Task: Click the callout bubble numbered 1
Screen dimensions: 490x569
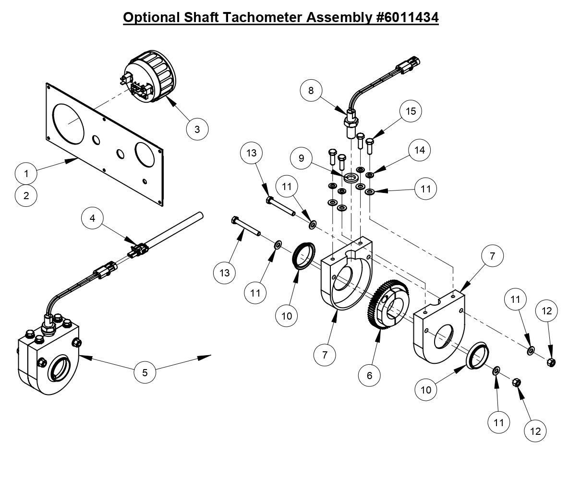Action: coord(27,173)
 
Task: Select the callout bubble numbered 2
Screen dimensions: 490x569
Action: coord(27,195)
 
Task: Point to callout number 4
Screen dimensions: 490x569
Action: coord(93,219)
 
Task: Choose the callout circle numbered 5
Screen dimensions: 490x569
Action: coord(145,371)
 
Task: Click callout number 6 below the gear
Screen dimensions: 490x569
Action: coord(370,375)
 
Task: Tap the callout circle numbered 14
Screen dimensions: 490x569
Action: coord(420,150)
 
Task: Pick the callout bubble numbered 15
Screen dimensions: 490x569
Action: coord(410,111)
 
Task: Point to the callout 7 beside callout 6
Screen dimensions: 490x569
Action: coord(325,355)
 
